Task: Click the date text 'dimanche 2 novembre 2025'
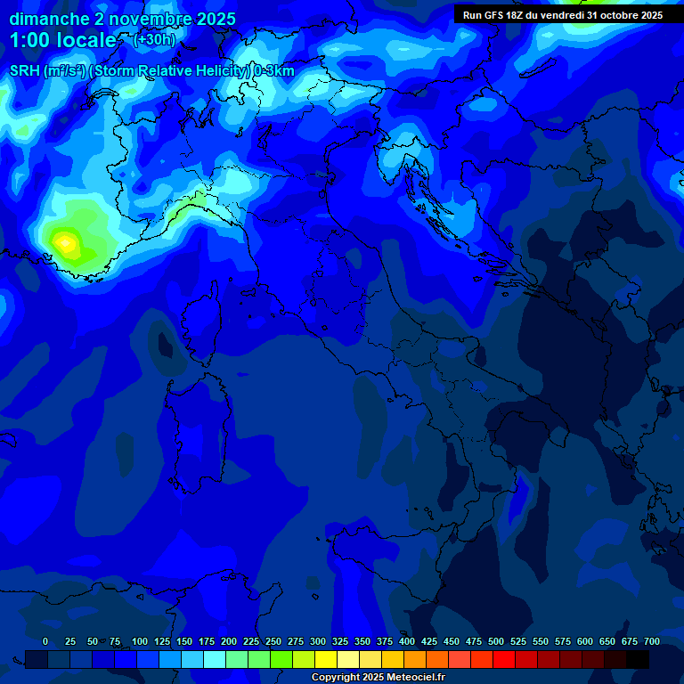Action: (122, 19)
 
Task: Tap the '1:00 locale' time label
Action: (62, 40)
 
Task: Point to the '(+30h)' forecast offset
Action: (154, 39)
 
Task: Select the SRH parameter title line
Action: (151, 71)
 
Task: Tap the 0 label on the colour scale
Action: (45, 641)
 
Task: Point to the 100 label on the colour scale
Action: (140, 641)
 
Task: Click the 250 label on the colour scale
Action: (273, 641)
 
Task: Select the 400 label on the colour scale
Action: (407, 641)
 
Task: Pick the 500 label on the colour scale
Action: (496, 641)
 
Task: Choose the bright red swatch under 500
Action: (504, 660)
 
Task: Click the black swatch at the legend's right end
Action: (638, 660)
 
